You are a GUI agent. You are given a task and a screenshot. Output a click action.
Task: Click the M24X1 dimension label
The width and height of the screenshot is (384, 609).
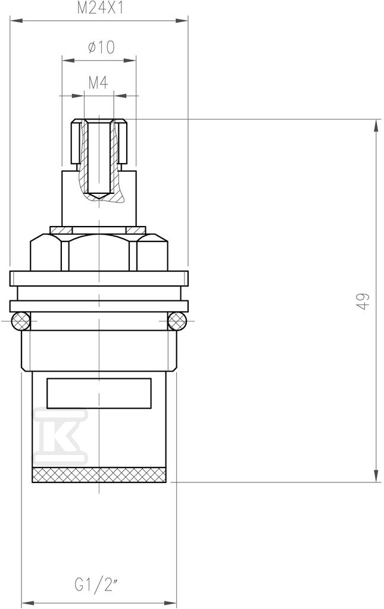(99, 8)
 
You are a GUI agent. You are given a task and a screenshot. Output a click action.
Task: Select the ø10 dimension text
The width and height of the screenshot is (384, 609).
(101, 48)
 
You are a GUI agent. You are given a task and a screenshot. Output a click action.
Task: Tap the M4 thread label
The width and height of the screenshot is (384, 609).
(98, 82)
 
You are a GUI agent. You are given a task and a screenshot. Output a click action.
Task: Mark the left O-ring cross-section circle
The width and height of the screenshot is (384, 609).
(21, 321)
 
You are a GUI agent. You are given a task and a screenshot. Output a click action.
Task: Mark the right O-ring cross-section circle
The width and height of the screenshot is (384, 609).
(177, 321)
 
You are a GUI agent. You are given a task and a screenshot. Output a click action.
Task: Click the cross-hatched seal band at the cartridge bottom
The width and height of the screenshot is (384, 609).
(99, 475)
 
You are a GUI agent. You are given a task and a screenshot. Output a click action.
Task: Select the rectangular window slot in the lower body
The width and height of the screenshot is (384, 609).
(99, 393)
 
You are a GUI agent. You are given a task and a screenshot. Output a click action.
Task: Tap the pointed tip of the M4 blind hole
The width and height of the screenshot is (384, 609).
(99, 200)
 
